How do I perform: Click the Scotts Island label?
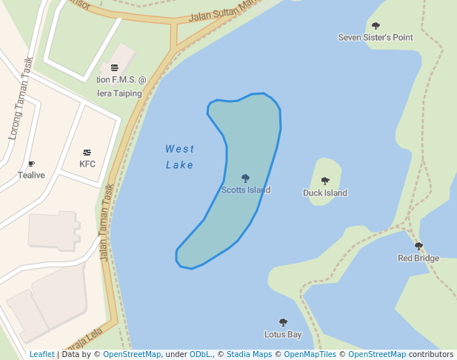click(x=246, y=190)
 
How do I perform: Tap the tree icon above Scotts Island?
click(x=246, y=178)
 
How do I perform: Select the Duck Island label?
click(x=325, y=193)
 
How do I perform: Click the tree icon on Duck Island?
click(x=325, y=181)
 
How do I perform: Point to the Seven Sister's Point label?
click(x=376, y=37)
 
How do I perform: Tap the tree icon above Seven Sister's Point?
click(x=376, y=26)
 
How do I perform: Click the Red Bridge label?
click(x=418, y=259)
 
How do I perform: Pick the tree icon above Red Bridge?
click(x=418, y=246)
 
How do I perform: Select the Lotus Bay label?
click(x=283, y=335)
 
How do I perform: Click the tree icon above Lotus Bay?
click(x=283, y=322)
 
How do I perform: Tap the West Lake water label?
click(x=180, y=157)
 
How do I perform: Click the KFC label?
click(x=87, y=164)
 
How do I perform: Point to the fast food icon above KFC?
click(x=87, y=153)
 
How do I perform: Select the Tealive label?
click(x=31, y=176)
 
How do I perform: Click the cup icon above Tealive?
click(x=31, y=164)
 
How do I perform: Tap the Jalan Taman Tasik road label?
click(x=105, y=222)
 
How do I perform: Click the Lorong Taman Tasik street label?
click(x=20, y=99)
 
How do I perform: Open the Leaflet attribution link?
click(x=42, y=355)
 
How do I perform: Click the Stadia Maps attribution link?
click(x=249, y=355)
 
